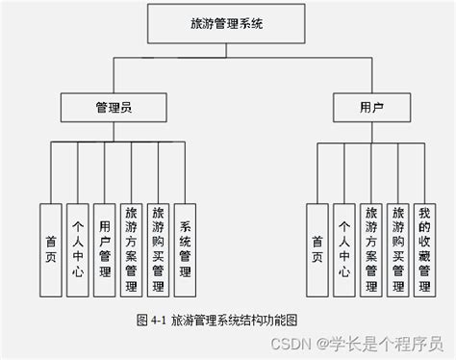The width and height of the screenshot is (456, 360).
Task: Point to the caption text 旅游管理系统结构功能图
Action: (x=230, y=318)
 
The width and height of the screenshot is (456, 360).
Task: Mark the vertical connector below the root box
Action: (x=224, y=50)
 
